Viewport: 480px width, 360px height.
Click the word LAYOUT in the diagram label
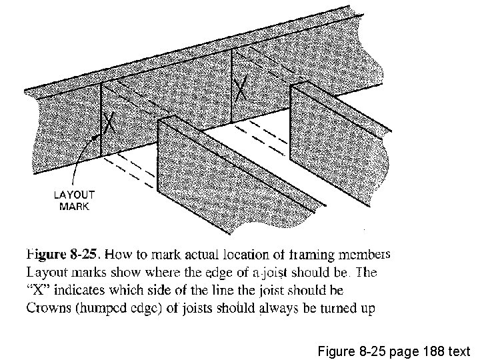pyautogui.click(x=74, y=195)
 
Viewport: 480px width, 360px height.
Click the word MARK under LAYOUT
pyautogui.click(x=74, y=206)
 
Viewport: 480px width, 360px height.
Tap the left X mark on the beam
pyautogui.click(x=111, y=122)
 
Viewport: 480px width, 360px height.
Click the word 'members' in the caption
pyautogui.click(x=363, y=254)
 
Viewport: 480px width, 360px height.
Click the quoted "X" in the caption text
pyautogui.click(x=38, y=291)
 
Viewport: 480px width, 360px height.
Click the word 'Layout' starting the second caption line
pyautogui.click(x=45, y=272)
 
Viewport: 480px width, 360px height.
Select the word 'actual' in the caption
pyautogui.click(x=177, y=254)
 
